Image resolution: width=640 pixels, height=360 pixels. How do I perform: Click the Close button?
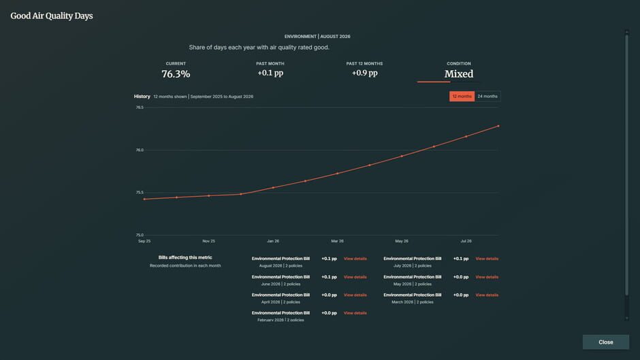pyautogui.click(x=606, y=342)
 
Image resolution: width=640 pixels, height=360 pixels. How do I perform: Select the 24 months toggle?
pyautogui.click(x=487, y=97)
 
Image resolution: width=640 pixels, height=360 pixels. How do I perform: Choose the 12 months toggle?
pyautogui.click(x=462, y=97)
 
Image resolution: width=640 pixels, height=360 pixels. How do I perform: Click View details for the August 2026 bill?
pyautogui.click(x=355, y=259)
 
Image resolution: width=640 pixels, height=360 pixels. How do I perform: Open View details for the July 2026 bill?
pyautogui.click(x=487, y=259)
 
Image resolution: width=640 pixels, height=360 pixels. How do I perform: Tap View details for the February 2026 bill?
pyautogui.click(x=355, y=313)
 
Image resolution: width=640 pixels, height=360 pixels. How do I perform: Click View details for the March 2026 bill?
pyautogui.click(x=487, y=295)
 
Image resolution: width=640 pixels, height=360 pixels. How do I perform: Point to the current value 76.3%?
pyautogui.click(x=176, y=74)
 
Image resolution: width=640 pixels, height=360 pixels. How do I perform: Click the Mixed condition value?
pyautogui.click(x=459, y=74)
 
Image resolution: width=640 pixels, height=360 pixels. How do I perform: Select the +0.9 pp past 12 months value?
pyautogui.click(x=364, y=73)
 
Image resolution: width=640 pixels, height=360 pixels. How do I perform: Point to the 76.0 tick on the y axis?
pyautogui.click(x=140, y=150)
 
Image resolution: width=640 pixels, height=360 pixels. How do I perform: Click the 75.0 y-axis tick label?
pyautogui.click(x=140, y=235)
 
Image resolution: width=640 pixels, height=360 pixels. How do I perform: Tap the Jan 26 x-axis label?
pyautogui.click(x=273, y=241)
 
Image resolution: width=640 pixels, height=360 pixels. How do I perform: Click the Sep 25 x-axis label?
pyautogui.click(x=144, y=241)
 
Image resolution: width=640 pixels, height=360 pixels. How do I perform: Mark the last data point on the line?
pyautogui.click(x=498, y=126)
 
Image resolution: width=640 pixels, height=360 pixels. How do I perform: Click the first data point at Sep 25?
pyautogui.click(x=144, y=199)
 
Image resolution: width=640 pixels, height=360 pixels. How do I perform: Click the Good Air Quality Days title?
pyautogui.click(x=52, y=16)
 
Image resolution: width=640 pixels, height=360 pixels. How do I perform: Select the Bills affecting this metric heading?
pyautogui.click(x=185, y=257)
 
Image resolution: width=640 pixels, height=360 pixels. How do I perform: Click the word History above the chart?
pyautogui.click(x=142, y=97)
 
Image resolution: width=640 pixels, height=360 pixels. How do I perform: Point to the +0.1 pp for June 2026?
pyautogui.click(x=329, y=277)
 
